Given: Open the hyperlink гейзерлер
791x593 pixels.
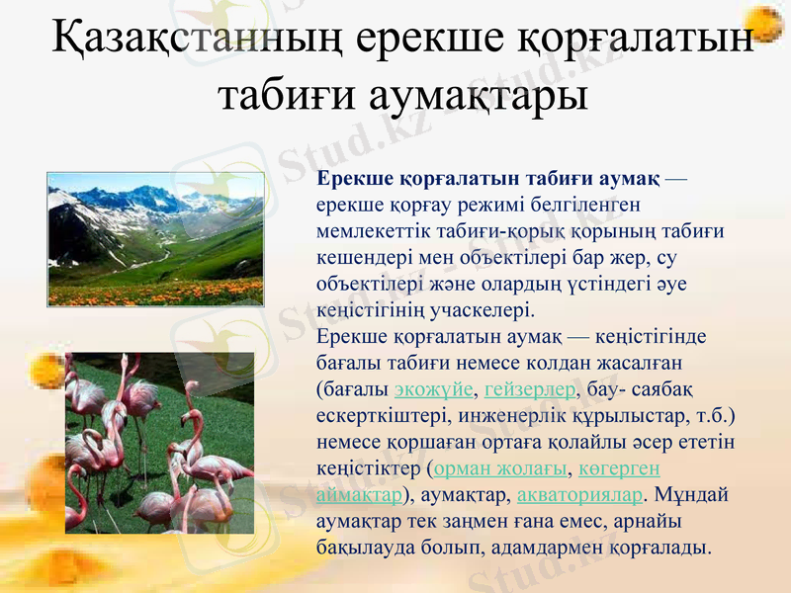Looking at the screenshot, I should (x=531, y=386).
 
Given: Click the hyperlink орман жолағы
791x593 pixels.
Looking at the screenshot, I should (x=500, y=467).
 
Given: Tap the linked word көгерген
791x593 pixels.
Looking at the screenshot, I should (x=619, y=467).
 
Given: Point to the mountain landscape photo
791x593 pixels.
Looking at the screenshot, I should (x=155, y=238).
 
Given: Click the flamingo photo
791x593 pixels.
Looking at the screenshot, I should (x=159, y=442).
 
